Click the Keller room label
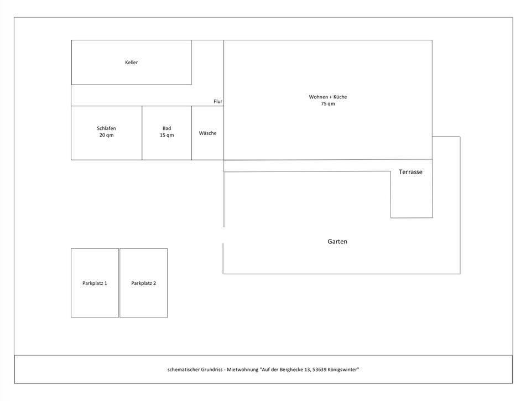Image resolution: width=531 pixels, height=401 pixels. [131, 63]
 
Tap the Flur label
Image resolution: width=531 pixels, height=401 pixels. [218, 102]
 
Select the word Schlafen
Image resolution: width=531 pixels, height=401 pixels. [106, 128]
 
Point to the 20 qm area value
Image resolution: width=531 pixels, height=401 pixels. [106, 136]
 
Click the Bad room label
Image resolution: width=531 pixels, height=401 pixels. [166, 128]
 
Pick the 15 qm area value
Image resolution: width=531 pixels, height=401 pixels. [166, 136]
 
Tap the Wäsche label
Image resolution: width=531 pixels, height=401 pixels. [207, 133]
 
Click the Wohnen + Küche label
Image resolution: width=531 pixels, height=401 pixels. [328, 97]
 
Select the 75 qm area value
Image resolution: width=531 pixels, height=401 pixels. [328, 104]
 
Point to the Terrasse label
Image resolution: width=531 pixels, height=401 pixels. [410, 172]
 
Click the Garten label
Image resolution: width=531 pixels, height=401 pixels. [337, 242]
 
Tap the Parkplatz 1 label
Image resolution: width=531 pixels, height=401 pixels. [95, 283]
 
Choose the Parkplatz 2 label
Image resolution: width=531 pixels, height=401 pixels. [143, 283]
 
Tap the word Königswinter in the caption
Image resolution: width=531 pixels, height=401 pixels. [343, 369]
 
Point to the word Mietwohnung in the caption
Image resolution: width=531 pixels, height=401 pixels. [242, 369]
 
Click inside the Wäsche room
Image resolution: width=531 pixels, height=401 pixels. [207, 147]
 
